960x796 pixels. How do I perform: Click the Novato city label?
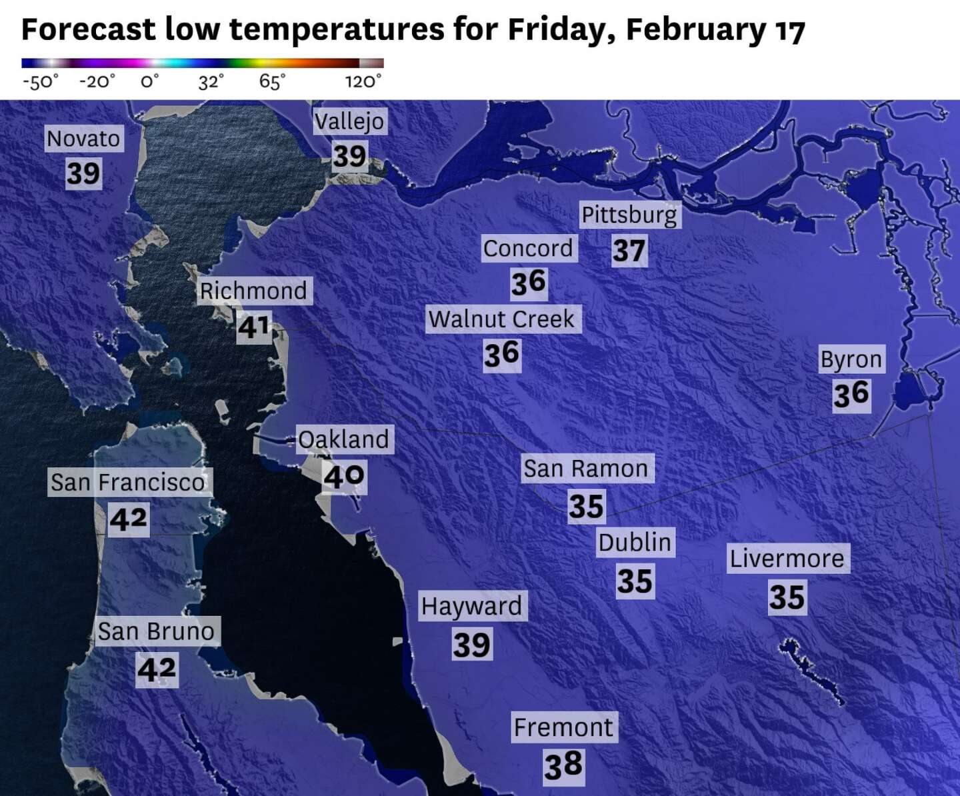pos(83,139)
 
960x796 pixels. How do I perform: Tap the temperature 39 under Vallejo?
pos(350,156)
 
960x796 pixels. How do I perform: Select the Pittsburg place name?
pos(629,215)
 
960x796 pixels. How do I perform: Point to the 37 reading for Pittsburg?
pos(629,251)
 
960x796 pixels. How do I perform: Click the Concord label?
pos(528,248)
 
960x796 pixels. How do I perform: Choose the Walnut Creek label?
pos(501,319)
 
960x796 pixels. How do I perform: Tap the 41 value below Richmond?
pos(254,327)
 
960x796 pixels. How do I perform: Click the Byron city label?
pos(851,359)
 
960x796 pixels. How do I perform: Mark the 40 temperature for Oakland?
pos(344,476)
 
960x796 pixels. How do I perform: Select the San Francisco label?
pos(129,482)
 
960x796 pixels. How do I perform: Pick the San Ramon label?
pos(586,469)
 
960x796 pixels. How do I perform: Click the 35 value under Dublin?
pos(635,581)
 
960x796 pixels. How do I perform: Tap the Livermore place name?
pos(787,558)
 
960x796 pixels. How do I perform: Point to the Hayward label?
pos(472,606)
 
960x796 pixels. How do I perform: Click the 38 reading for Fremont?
pos(563,765)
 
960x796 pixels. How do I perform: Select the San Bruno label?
pos(156,631)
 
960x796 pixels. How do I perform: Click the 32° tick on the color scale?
pos(211,81)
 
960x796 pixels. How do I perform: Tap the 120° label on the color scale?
pos(363,81)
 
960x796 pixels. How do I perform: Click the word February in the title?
pos(696,29)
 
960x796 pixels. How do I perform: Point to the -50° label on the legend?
pos(40,81)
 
